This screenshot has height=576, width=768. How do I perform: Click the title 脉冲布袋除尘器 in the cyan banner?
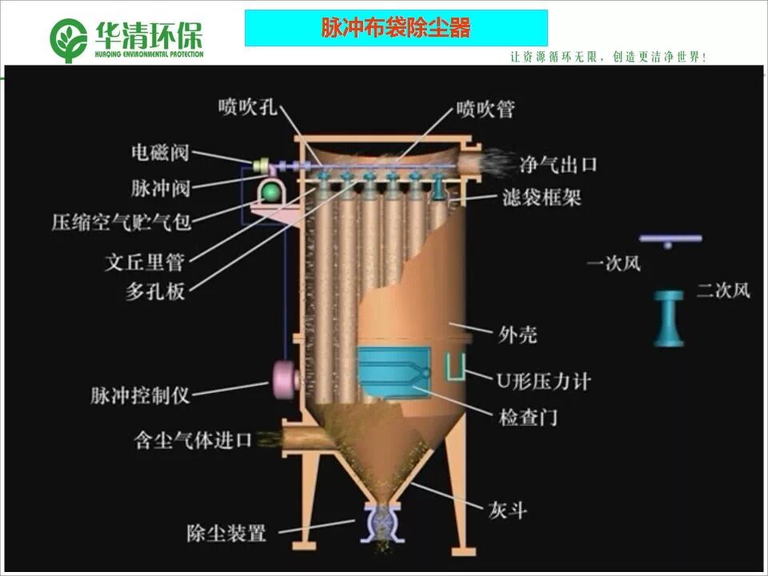point(395,29)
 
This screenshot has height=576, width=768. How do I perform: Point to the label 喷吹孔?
point(248,107)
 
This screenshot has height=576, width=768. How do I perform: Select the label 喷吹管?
point(486,109)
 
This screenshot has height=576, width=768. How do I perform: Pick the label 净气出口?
point(558,166)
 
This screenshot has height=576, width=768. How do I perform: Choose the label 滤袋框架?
point(542,197)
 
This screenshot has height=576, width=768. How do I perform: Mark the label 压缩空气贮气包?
point(122,222)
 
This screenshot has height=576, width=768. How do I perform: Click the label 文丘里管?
point(145,262)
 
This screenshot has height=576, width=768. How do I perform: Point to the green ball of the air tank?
point(271,192)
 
